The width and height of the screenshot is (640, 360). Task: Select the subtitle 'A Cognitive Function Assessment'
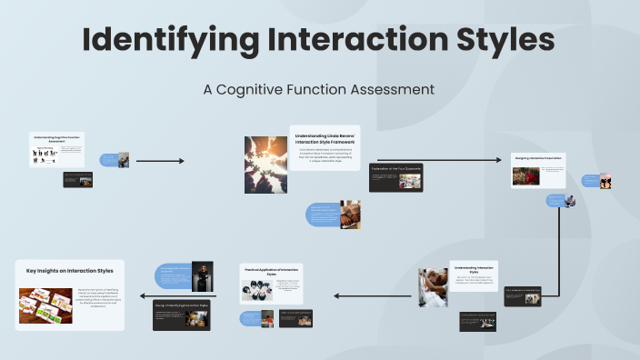[x=319, y=89]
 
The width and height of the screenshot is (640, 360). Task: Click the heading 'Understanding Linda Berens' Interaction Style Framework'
[x=325, y=139]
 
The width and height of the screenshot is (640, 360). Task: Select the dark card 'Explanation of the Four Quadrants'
[x=395, y=177]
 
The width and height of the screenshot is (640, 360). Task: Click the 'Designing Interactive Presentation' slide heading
[x=537, y=158]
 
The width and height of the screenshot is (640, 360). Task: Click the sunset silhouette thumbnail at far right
[x=605, y=181]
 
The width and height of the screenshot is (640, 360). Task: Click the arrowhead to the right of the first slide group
[x=181, y=161]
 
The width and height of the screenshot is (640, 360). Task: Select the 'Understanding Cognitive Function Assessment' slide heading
[x=56, y=138]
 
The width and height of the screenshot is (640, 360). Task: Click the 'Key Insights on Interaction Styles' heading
[x=70, y=271]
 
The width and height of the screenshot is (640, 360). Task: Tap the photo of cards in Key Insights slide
[x=45, y=305]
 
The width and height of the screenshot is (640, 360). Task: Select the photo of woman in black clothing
[x=204, y=274]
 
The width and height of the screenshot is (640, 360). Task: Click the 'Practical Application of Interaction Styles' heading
[x=272, y=272]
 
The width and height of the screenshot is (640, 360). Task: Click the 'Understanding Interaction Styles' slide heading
[x=473, y=269]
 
